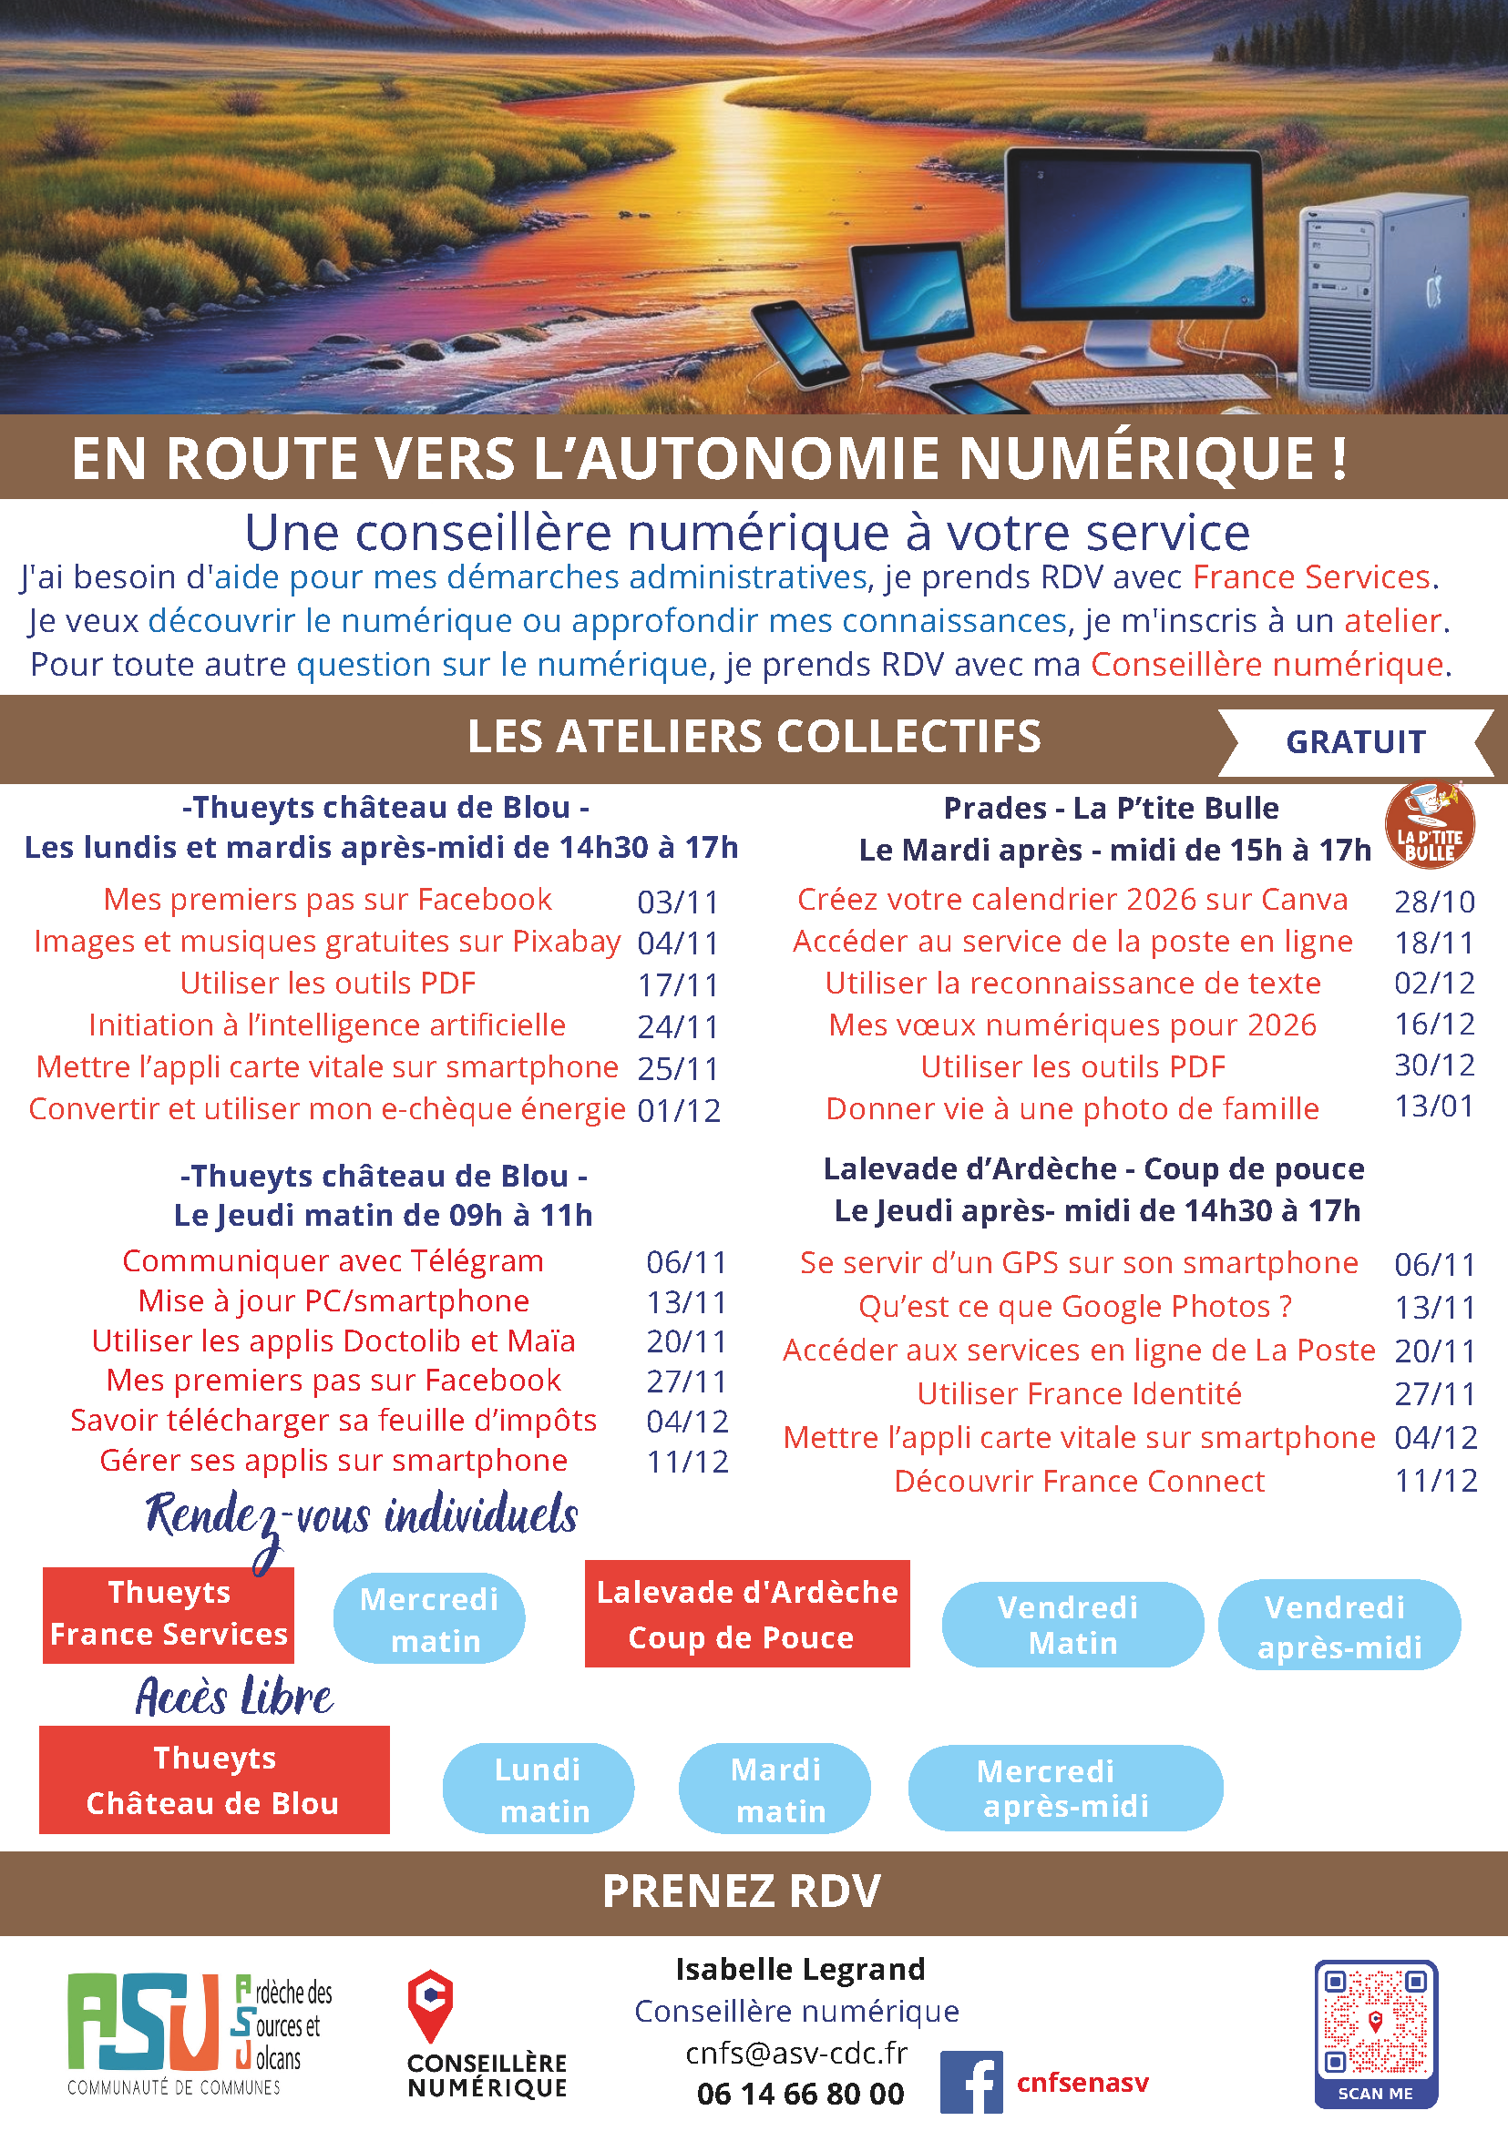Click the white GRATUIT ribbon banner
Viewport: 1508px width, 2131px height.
tap(1355, 741)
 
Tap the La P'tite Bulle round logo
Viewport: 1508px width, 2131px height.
tap(1429, 825)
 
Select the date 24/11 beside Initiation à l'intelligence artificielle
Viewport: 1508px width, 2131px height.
tap(678, 1026)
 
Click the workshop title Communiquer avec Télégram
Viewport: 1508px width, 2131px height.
tap(333, 1260)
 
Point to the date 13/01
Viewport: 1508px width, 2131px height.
tap(1433, 1106)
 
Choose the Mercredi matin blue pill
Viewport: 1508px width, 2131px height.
tap(429, 1618)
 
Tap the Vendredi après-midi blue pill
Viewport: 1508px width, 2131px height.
tap(1339, 1626)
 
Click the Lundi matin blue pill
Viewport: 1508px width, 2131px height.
tap(539, 1789)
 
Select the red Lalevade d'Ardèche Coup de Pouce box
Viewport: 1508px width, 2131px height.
tap(746, 1614)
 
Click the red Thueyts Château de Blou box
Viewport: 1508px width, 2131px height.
tap(213, 1779)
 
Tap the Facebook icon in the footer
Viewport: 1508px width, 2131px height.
tap(970, 2082)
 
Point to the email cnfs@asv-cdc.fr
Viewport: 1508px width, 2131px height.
tap(795, 2053)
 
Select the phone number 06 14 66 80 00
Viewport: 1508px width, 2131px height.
tap(799, 2094)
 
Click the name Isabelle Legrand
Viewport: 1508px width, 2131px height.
tap(799, 1969)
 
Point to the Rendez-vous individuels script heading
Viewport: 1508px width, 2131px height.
tap(361, 1516)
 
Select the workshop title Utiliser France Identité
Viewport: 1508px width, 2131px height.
tap(1078, 1393)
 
